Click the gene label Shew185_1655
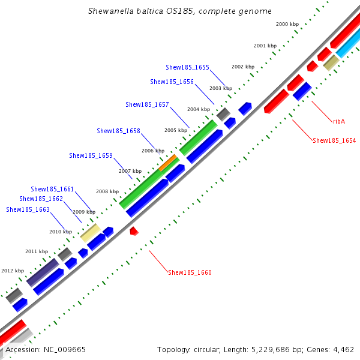click(x=187, y=67)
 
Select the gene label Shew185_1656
click(x=172, y=82)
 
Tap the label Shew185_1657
click(x=147, y=104)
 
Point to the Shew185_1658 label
click(x=118, y=131)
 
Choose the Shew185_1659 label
click(x=91, y=155)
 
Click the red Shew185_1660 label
click(x=190, y=272)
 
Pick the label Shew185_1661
click(x=52, y=189)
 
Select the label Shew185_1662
click(x=41, y=199)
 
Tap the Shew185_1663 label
click(x=28, y=209)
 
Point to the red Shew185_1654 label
click(x=334, y=140)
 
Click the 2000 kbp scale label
click(x=287, y=24)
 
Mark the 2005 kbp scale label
click(x=175, y=130)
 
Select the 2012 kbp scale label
click(x=13, y=271)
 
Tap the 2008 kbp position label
click(x=107, y=191)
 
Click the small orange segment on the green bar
click(x=168, y=163)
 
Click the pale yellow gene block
click(x=90, y=232)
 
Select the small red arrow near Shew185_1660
click(x=134, y=230)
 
